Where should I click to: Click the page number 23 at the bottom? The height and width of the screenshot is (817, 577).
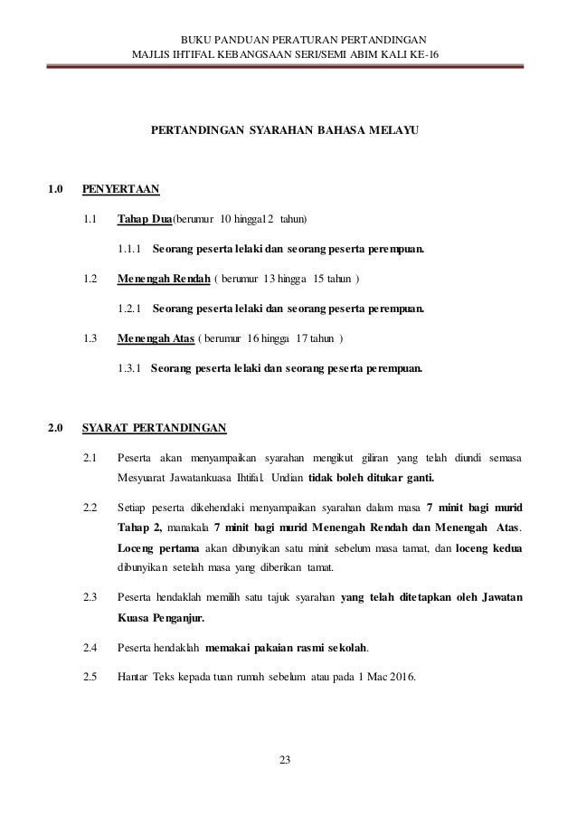point(288,759)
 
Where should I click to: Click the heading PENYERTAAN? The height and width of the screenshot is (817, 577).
point(120,189)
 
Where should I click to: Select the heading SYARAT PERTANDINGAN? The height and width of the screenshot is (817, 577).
point(154,428)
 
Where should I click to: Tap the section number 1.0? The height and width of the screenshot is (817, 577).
point(55,189)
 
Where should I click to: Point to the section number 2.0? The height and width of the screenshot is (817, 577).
point(55,428)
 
